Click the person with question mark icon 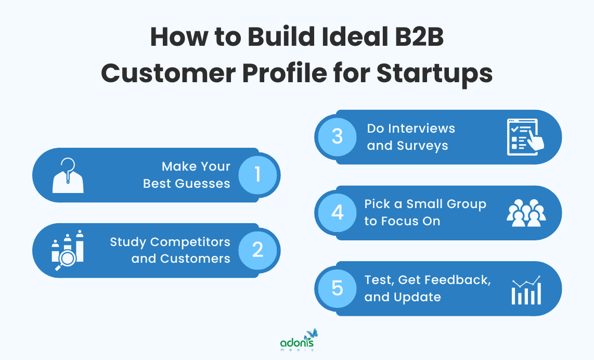click(x=68, y=175)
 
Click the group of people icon click(x=525, y=213)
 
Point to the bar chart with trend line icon click(x=526, y=290)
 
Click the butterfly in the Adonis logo click(x=312, y=333)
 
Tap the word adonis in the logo click(x=296, y=343)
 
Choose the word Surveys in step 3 click(x=422, y=146)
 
